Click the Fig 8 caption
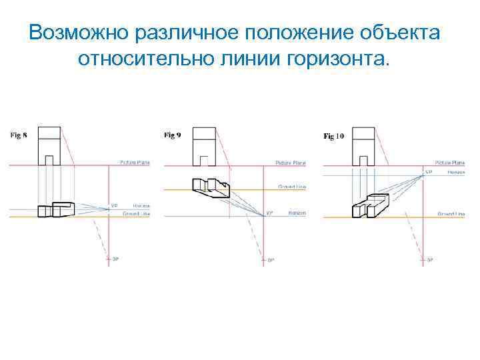point(18,135)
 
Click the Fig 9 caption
point(172,135)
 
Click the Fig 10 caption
point(333,136)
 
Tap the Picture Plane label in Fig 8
point(135,162)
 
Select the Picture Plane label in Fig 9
point(291,163)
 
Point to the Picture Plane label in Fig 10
point(450,162)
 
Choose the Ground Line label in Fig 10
point(451,214)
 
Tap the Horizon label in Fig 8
point(141,206)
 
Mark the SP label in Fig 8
point(116,258)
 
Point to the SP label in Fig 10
point(430,259)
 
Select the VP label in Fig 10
point(429,172)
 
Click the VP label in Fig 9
point(270,213)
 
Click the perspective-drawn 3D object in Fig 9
point(209,187)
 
